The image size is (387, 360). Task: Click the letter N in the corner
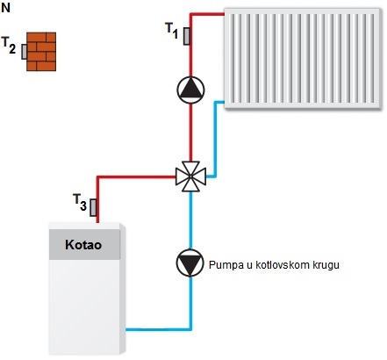[x=6, y=8]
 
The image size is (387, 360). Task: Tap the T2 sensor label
[x=9, y=46]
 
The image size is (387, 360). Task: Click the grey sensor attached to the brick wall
[x=24, y=52]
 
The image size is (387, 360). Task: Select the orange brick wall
[x=41, y=52]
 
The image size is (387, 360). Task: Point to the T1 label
[x=172, y=31]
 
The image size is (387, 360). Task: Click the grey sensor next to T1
[x=186, y=36]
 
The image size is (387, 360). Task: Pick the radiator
[x=303, y=59]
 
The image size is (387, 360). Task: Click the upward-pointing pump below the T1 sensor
[x=190, y=90]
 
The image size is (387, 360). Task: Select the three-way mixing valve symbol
[x=190, y=176]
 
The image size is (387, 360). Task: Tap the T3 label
[x=80, y=202]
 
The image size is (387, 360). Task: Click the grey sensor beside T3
[x=93, y=207]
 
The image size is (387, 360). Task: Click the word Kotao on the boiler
[x=83, y=245]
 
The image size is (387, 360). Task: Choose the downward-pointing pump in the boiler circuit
[x=190, y=263]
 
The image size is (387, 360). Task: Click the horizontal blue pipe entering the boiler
[x=159, y=329]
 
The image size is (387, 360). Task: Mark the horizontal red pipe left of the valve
[x=136, y=176]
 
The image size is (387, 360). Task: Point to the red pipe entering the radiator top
[x=207, y=14]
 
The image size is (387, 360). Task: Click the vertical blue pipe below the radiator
[x=216, y=139]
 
